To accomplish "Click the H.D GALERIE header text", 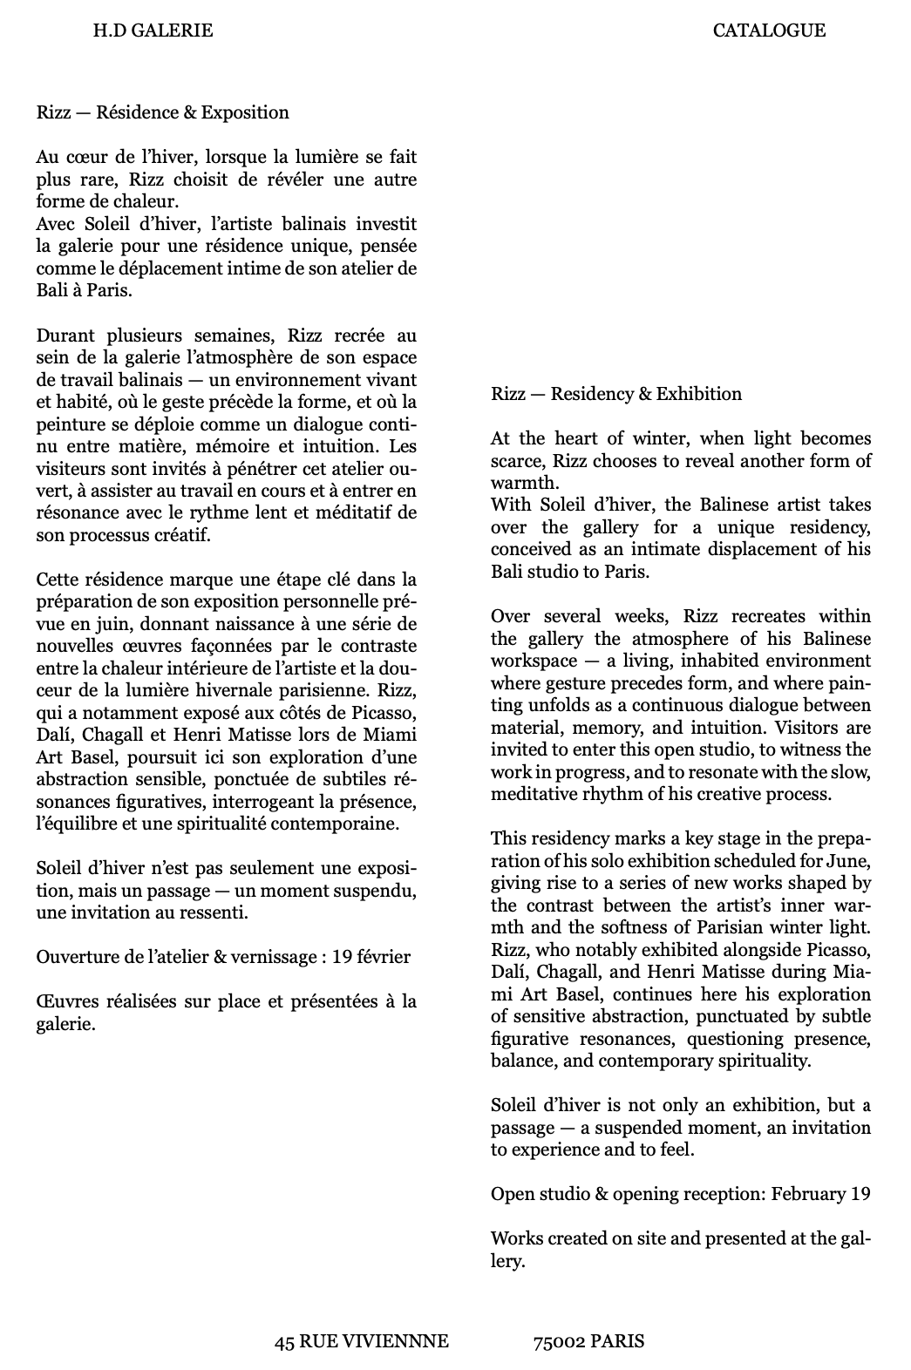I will (153, 31).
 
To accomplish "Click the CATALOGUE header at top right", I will (769, 31).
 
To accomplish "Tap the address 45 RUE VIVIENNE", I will (361, 1341).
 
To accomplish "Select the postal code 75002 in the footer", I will (559, 1341).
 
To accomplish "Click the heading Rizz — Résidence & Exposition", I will (162, 112).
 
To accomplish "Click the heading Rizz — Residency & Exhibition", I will (615, 394).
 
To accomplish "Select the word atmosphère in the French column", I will (250, 357).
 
